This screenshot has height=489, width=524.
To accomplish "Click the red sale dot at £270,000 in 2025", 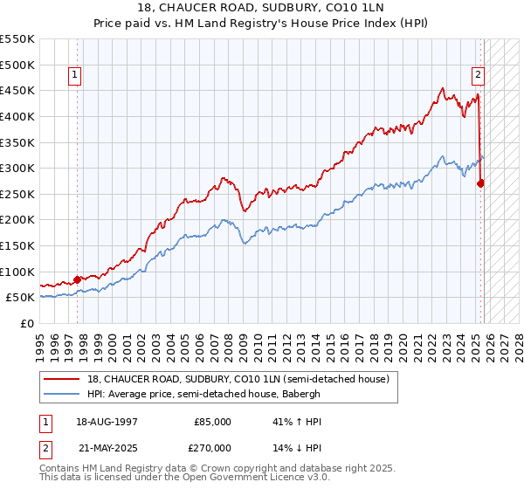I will [x=481, y=183].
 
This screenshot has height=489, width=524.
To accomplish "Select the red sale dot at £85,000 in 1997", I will [x=77, y=279].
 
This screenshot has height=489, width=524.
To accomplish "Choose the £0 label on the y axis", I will [x=28, y=323].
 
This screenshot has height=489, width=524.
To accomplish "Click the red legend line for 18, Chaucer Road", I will [x=62, y=379].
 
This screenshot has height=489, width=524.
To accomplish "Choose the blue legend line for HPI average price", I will [x=62, y=394].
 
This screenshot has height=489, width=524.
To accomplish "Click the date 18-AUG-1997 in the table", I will [x=107, y=421].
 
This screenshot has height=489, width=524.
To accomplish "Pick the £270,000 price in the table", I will [x=212, y=447].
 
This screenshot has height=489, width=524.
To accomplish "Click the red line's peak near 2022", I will [x=443, y=87].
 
